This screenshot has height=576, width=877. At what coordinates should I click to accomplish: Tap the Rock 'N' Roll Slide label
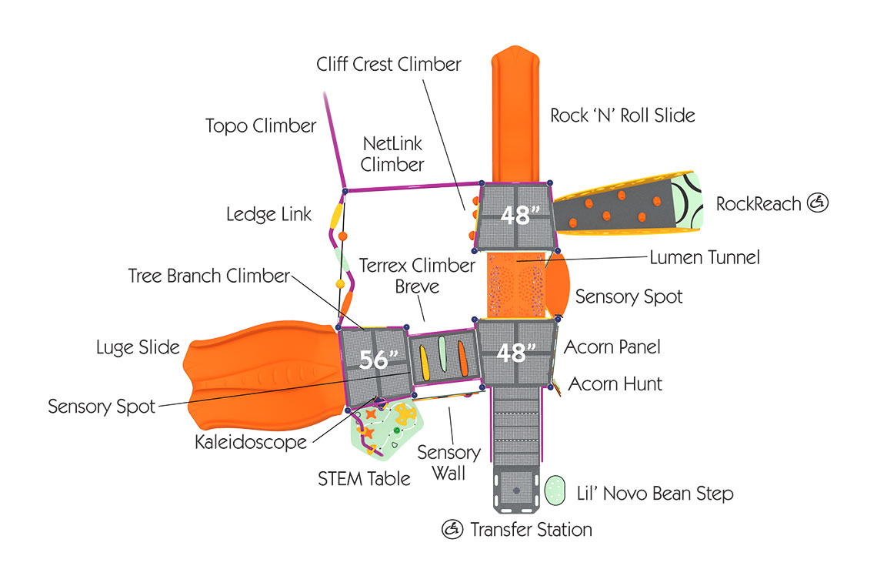coord(622,116)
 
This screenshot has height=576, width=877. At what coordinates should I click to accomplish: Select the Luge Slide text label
coord(138,347)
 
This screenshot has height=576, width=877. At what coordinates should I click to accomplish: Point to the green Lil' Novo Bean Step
coord(555,491)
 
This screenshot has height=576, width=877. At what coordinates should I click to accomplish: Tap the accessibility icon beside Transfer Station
coord(452,529)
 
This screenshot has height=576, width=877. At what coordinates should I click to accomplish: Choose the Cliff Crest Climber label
coord(388,64)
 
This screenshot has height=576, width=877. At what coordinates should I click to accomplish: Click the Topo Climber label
coord(261,126)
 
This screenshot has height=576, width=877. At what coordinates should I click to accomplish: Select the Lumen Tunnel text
coord(705,257)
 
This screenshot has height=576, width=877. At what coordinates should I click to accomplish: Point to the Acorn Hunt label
coord(615,383)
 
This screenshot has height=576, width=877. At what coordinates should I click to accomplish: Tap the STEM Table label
coord(364,479)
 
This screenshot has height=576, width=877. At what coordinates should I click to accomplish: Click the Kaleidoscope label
coord(251,442)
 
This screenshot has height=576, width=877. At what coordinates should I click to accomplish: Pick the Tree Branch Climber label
coord(209,276)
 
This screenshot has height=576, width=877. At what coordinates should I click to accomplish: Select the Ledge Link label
coord(268,214)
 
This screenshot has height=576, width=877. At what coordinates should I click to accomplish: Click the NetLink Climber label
coord(392,153)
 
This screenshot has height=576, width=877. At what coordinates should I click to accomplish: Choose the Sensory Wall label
coord(449,463)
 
